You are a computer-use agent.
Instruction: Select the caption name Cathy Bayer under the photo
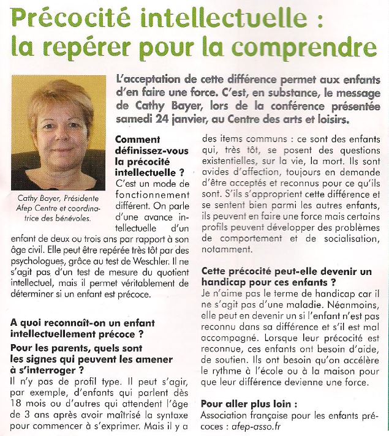pyautogui.click(x=38, y=197)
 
